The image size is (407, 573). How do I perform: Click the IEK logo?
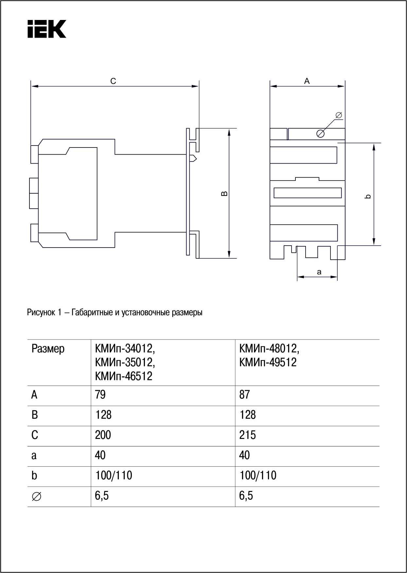click(47, 29)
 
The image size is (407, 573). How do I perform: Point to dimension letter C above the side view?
click(113, 81)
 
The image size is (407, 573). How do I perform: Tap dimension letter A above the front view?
click(307, 81)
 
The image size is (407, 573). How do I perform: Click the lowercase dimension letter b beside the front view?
click(368, 196)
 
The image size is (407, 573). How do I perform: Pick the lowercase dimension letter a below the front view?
click(319, 272)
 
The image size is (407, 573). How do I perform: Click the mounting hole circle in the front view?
click(321, 133)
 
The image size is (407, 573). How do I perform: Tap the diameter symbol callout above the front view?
click(339, 115)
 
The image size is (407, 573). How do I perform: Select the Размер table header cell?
click(48, 349)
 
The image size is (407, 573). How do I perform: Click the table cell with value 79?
click(100, 395)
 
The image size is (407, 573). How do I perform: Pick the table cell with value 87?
click(245, 395)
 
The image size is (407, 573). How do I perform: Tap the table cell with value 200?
click(103, 435)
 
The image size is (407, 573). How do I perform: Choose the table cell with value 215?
click(247, 435)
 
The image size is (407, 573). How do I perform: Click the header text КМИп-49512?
click(268, 362)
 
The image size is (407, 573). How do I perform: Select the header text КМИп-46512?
click(124, 376)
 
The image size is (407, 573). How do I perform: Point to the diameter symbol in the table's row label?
click(36, 496)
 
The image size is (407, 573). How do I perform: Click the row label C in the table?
click(35, 435)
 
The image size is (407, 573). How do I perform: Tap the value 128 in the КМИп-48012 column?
click(247, 415)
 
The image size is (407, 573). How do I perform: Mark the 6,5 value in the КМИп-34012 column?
click(102, 496)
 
